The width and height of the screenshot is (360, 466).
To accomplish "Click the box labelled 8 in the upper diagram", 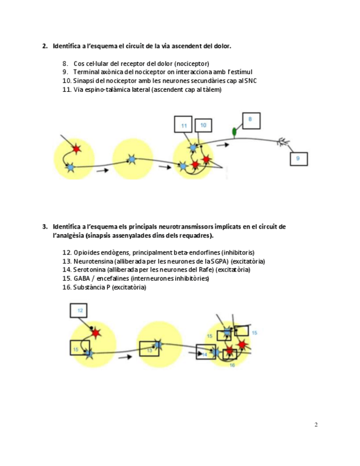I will click(250, 119).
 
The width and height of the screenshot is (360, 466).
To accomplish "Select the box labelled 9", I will click(298, 158).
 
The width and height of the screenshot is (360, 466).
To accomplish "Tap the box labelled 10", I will click(203, 126).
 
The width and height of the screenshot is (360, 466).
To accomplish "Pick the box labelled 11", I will click(183, 125).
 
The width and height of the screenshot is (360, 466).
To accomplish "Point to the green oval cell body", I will click(234, 131).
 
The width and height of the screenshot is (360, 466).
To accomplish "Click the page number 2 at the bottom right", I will click(316, 424).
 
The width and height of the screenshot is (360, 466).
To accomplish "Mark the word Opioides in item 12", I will click(86, 252).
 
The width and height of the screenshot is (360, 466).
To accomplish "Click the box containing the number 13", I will click(149, 349).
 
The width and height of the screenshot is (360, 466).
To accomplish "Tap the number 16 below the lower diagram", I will click(232, 365).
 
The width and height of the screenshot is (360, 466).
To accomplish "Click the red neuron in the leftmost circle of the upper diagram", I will click(76, 148).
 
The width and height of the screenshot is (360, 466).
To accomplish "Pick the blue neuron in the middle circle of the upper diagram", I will click(131, 159).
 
